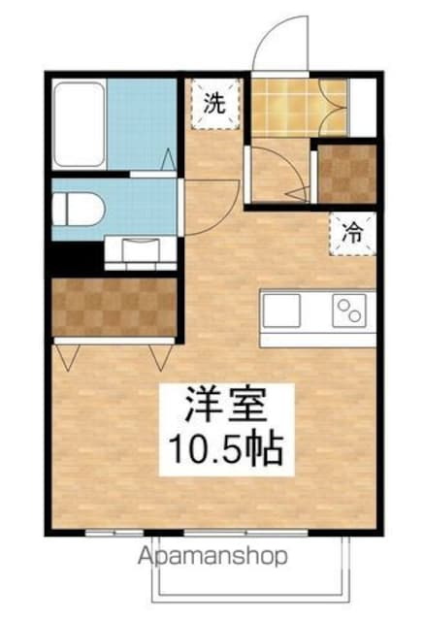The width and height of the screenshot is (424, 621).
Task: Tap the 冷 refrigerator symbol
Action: (x=354, y=234)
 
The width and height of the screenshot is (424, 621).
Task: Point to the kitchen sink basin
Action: (x=281, y=312)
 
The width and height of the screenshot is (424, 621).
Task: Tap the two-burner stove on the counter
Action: (x=348, y=311)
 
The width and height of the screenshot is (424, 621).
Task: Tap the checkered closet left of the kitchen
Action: (x=114, y=308)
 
